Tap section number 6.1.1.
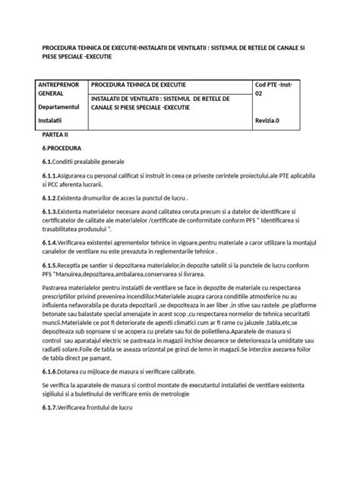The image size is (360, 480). [x=53, y=177]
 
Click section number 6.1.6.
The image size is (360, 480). [x=53, y=372]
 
